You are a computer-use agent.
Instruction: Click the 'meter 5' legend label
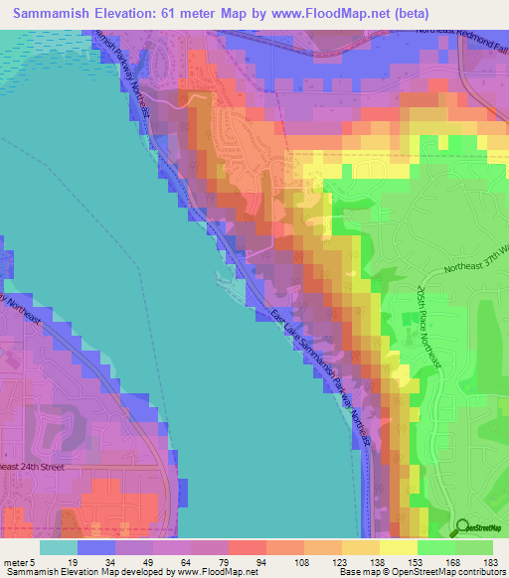(x=17, y=561)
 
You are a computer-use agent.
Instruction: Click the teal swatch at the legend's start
(x=59, y=546)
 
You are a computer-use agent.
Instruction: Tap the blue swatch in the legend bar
(x=96, y=546)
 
